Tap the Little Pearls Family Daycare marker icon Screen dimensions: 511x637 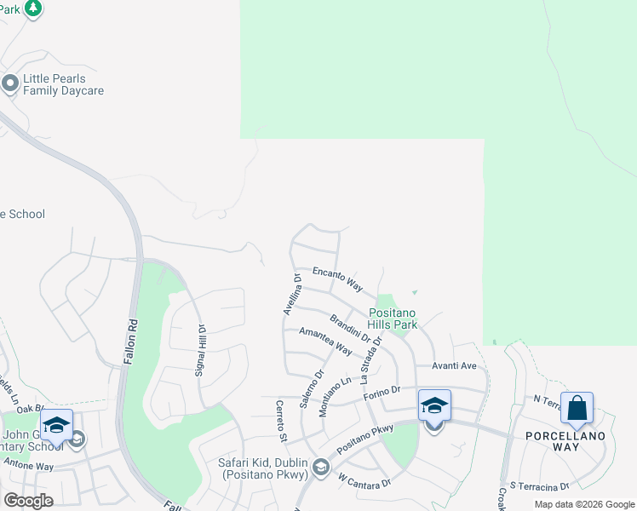coord(10,83)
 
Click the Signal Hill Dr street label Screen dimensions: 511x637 coord(202,349)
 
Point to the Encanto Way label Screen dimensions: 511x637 coord(337,278)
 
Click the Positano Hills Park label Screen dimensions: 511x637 coord(393,319)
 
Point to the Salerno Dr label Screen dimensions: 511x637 coord(312,388)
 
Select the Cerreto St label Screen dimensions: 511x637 coord(279,421)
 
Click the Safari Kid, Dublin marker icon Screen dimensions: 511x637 coord(321,466)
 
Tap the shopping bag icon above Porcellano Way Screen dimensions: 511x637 coord(577,408)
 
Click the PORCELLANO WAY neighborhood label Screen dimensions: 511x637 coord(577,441)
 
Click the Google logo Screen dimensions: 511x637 coord(28,501)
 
